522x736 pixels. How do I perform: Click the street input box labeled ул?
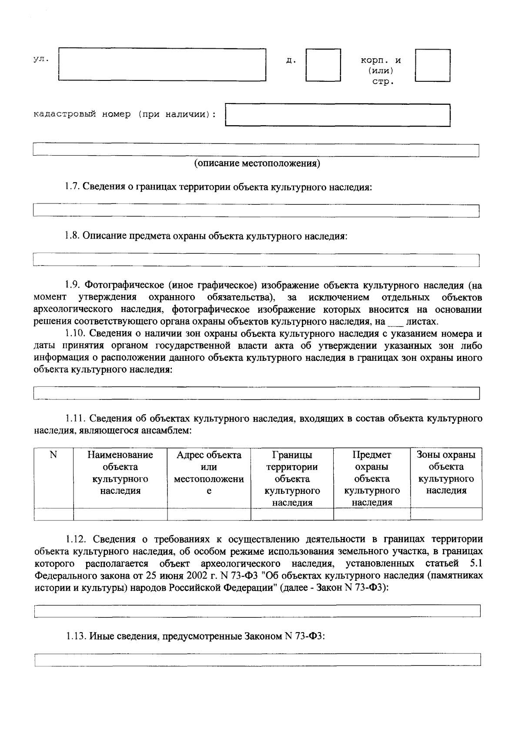pyautogui.click(x=162, y=64)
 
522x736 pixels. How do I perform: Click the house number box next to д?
pyautogui.click(x=323, y=65)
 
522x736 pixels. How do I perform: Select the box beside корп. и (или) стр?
pyautogui.click(x=432, y=65)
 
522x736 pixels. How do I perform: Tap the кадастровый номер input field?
pyautogui.click(x=338, y=115)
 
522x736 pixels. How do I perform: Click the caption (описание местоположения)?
pyautogui.click(x=257, y=163)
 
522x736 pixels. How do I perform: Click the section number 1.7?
pyautogui.click(x=72, y=187)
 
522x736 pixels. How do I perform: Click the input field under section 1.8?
pyautogui.click(x=256, y=260)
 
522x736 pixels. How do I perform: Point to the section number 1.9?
pyautogui.click(x=73, y=286)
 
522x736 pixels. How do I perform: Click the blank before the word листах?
pyautogui.click(x=395, y=322)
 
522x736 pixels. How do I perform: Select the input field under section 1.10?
pyautogui.click(x=256, y=393)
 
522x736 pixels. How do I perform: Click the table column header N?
pyautogui.click(x=54, y=455)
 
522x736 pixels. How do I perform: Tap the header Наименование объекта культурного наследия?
pyautogui.click(x=120, y=473)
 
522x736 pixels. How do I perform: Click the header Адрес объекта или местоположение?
pyautogui.click(x=209, y=473)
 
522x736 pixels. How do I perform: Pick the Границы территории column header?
pyautogui.click(x=292, y=479)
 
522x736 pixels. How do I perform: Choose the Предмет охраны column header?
pyautogui.click(x=372, y=479)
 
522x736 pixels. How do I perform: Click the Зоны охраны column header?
pyautogui.click(x=446, y=473)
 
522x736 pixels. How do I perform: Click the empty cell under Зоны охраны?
pyautogui.click(x=446, y=514)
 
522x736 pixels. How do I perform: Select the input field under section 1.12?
pyautogui.click(x=257, y=611)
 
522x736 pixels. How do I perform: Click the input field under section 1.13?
pyautogui.click(x=257, y=659)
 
